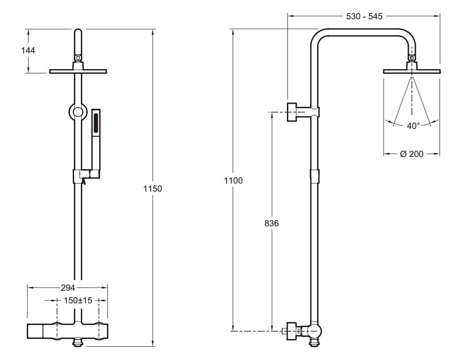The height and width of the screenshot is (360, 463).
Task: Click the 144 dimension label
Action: [x=28, y=50]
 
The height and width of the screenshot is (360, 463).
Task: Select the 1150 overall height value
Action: [x=153, y=189]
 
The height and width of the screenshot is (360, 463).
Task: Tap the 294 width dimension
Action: [x=68, y=287]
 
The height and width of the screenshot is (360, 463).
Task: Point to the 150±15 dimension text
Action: [x=78, y=300]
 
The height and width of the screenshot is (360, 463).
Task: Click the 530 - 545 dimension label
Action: [x=364, y=16]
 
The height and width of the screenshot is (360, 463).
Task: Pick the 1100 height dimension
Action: [x=233, y=181]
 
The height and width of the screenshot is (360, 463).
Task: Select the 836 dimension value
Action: [x=271, y=223]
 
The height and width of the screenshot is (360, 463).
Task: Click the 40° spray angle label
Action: [x=413, y=126]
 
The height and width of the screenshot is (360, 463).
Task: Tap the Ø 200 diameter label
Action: [x=412, y=154]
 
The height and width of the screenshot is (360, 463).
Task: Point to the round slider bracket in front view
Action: [x=78, y=112]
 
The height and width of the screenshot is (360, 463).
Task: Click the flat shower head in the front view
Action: [x=78, y=71]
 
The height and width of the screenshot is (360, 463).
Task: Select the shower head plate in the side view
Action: [x=412, y=71]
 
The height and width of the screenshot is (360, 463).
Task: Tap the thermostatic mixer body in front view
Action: [x=67, y=331]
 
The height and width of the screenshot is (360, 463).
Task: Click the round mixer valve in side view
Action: [x=314, y=332]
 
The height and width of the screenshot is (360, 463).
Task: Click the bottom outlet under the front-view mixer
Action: [x=78, y=343]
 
